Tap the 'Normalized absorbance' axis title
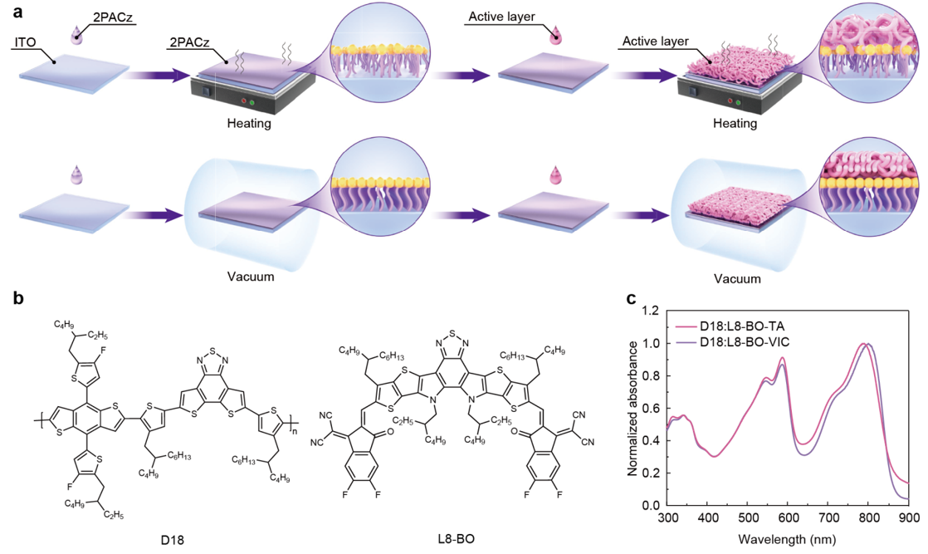click(633, 408)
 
